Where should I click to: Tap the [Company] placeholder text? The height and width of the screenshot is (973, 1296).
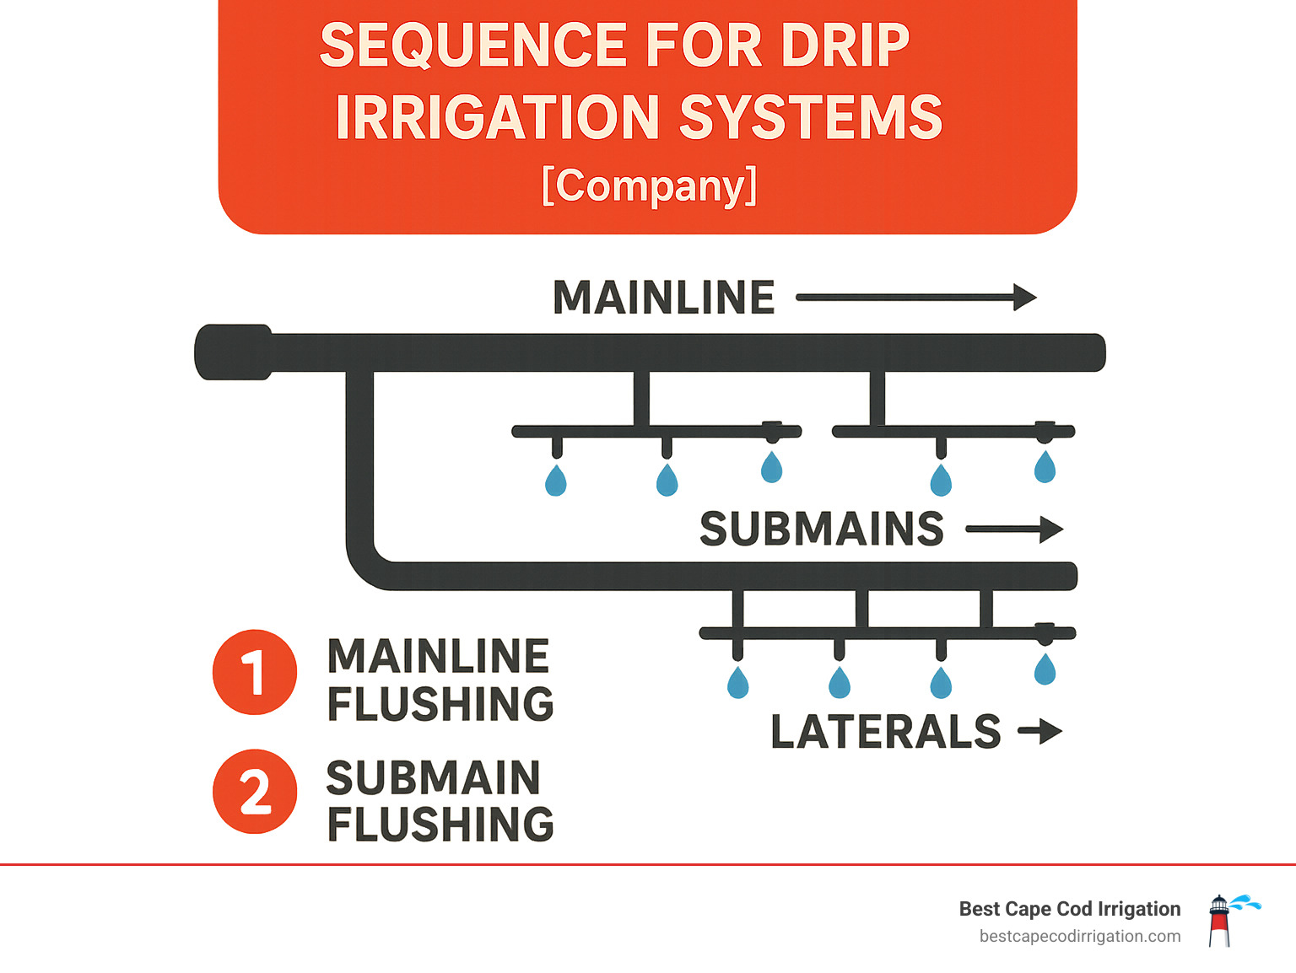pyautogui.click(x=649, y=185)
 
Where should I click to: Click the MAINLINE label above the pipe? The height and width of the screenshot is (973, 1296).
pyautogui.click(x=663, y=298)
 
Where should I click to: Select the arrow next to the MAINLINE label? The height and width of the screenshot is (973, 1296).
pyautogui.click(x=916, y=298)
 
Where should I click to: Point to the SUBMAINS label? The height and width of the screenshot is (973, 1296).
pyautogui.click(x=821, y=530)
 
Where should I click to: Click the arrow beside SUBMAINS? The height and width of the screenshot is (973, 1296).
pyautogui.click(x=1014, y=530)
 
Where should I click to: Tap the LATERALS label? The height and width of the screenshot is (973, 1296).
pyautogui.click(x=885, y=732)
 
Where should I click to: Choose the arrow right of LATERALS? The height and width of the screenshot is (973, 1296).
pyautogui.click(x=1039, y=731)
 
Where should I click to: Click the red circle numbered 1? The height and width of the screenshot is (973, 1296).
pyautogui.click(x=254, y=672)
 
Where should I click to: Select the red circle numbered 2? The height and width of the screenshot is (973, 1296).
pyautogui.click(x=254, y=792)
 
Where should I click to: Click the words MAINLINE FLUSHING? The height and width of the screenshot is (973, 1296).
pyautogui.click(x=440, y=680)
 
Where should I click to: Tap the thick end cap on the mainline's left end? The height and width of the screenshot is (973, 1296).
pyautogui.click(x=233, y=352)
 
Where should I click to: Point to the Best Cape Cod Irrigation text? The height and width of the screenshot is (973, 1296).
pyautogui.click(x=1069, y=909)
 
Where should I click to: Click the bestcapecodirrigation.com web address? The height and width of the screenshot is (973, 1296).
pyautogui.click(x=1079, y=937)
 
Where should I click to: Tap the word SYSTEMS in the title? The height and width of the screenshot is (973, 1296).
pyautogui.click(x=810, y=117)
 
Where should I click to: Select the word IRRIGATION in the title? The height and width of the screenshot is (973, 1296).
pyautogui.click(x=498, y=117)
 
